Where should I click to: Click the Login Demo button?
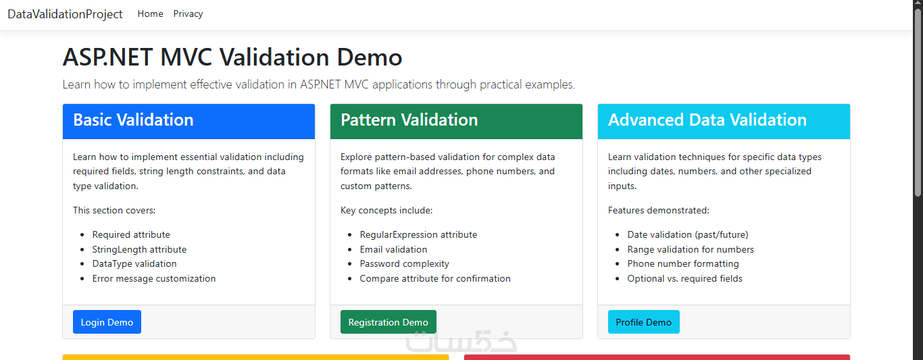[107, 322]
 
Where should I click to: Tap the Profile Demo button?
[644, 322]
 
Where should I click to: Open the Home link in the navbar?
[151, 14]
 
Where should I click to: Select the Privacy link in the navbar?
[188, 14]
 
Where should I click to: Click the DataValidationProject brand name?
[65, 14]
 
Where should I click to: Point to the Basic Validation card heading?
[133, 120]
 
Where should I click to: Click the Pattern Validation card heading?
[409, 120]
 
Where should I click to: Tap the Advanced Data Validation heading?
[707, 120]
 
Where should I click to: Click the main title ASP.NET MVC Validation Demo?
[232, 57]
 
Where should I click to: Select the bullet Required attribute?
[131, 234]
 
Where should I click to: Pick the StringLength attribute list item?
[139, 249]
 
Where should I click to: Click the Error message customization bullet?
[153, 278]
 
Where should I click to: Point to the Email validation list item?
[393, 249]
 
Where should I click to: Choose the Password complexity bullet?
[404, 263]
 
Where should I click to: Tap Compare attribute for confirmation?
[435, 278]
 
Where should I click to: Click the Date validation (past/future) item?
[688, 234]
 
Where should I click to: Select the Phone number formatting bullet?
[683, 263]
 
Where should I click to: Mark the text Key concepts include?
[386, 210]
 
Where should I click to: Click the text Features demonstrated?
[658, 210]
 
